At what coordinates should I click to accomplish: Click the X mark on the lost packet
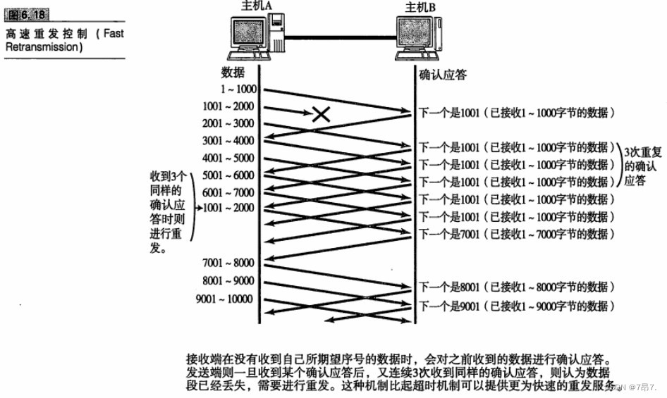321,113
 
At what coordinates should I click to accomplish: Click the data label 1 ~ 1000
239,90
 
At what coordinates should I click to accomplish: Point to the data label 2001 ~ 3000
229,123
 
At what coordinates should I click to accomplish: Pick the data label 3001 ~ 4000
229,141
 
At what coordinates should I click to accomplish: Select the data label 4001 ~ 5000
229,158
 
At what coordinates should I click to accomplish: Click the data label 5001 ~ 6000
229,175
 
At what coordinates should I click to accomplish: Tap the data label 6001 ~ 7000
229,192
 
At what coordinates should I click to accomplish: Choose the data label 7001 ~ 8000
229,263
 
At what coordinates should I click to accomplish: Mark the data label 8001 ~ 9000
229,280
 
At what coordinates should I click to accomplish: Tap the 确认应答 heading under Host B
442,74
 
